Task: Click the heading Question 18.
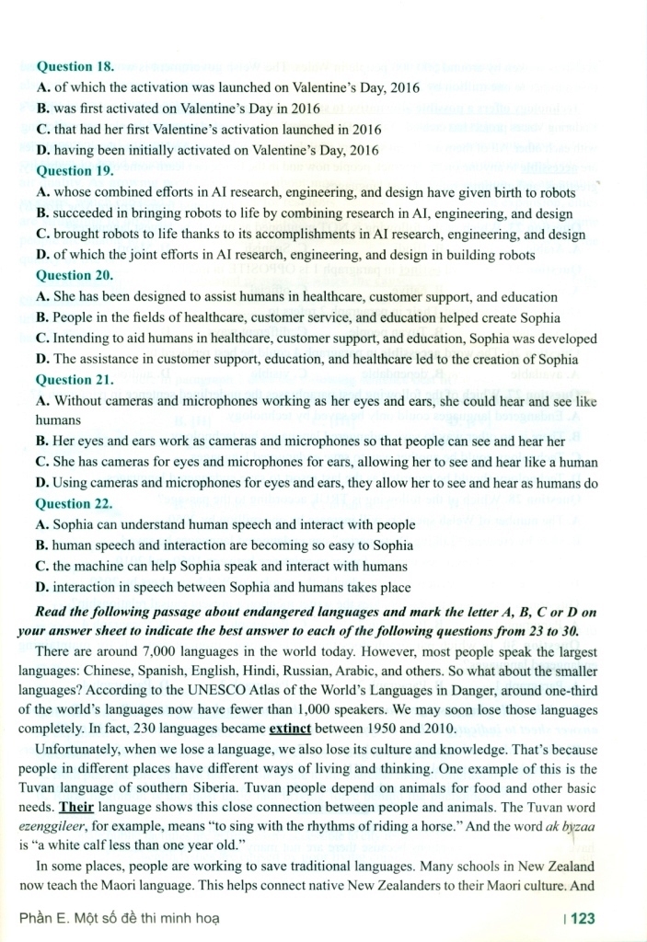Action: tap(75, 67)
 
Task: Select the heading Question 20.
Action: tap(75, 275)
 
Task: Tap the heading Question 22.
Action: tap(75, 503)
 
